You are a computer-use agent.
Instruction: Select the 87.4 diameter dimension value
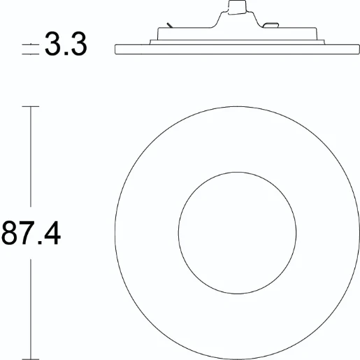coord(31,232)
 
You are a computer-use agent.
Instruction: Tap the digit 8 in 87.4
coord(10,232)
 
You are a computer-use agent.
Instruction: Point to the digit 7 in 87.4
coord(28,232)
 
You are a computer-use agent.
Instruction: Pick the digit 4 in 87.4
coord(52,232)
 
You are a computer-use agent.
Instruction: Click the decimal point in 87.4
coord(39,243)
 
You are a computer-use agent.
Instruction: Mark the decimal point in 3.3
coord(66,55)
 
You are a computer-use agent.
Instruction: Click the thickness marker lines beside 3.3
coord(31,48)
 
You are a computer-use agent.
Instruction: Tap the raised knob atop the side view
coord(237,8)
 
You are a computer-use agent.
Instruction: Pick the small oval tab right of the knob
coord(270,27)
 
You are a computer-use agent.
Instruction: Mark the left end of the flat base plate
coord(116,48)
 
